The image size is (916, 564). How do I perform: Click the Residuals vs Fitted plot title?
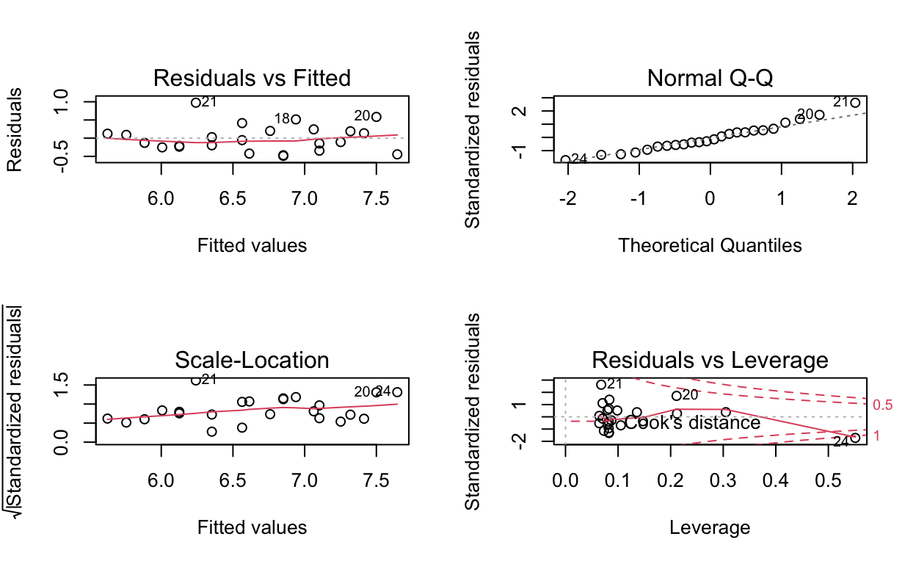tap(252, 78)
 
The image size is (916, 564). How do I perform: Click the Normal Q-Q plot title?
tap(710, 78)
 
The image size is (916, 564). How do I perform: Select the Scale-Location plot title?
tap(252, 360)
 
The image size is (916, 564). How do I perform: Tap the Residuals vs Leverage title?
tap(710, 360)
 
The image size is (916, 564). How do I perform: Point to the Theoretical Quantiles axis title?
tap(710, 245)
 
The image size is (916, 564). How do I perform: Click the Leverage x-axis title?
tap(710, 527)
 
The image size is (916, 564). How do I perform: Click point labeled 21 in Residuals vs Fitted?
tap(196, 102)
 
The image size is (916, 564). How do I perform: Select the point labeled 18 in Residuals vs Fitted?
tap(296, 119)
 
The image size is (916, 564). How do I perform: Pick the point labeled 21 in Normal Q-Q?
tap(854, 103)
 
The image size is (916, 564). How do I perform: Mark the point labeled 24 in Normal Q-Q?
tap(565, 159)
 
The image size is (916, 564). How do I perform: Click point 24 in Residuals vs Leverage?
tap(855, 438)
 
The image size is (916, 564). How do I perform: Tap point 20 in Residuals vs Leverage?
tap(677, 396)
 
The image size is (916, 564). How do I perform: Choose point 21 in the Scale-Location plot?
tap(196, 380)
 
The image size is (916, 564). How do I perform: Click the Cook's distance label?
tap(692, 423)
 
